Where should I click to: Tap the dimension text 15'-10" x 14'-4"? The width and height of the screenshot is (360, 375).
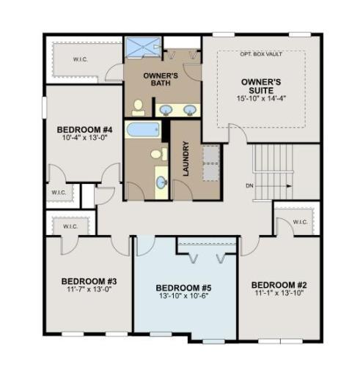click(x=260, y=98)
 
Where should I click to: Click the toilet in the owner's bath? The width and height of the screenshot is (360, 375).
click(x=138, y=107)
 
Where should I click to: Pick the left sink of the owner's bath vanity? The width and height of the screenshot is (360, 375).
click(x=166, y=110)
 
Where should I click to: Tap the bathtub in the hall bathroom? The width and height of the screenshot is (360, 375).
click(x=142, y=130)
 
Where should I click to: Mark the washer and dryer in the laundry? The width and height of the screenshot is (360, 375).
click(x=210, y=162)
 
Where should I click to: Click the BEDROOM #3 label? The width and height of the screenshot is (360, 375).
click(x=85, y=281)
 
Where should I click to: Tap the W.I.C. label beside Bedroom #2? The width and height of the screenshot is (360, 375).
click(x=300, y=221)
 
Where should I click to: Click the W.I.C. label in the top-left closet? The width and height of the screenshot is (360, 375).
click(x=81, y=59)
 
